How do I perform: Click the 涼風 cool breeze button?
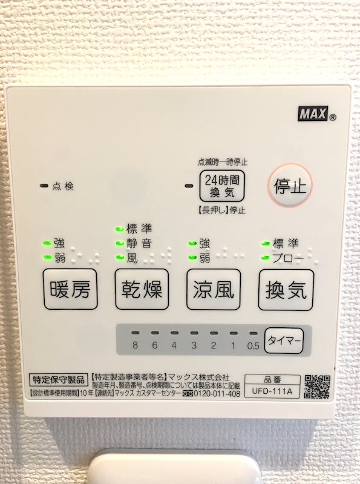(214, 290)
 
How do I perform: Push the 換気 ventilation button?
(286, 290)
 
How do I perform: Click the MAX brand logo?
(312, 113)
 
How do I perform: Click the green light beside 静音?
(119, 243)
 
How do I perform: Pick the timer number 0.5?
(253, 346)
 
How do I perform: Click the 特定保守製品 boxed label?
(59, 381)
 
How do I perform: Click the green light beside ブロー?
(265, 257)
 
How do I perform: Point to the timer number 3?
(194, 346)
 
